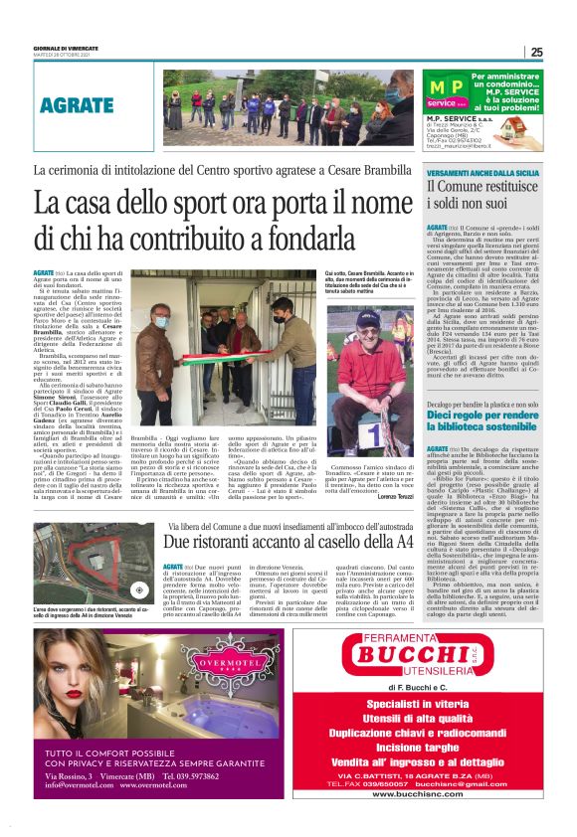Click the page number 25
(536, 53)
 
